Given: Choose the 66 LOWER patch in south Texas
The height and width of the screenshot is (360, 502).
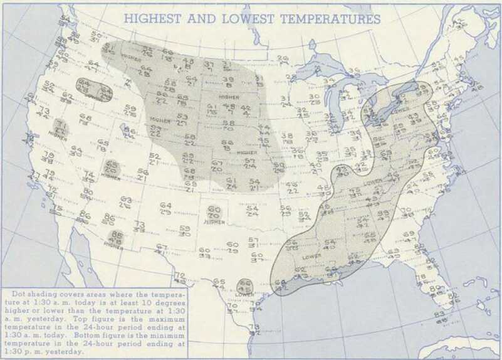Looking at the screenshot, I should (x=246, y=287).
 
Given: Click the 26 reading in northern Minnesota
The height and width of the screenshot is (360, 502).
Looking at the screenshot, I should (x=283, y=60).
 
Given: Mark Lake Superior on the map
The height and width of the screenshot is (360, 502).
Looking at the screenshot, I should (x=320, y=63).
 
